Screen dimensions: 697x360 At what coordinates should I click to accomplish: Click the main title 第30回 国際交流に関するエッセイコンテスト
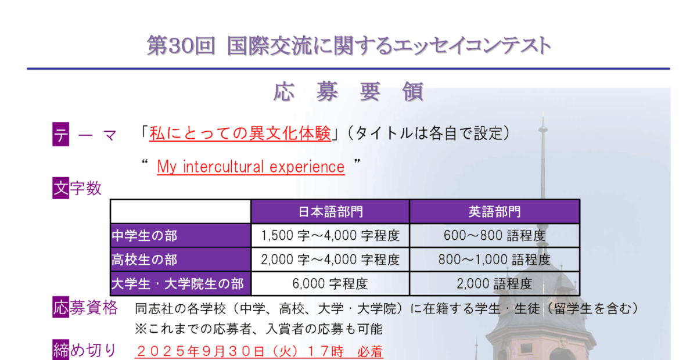click(x=348, y=46)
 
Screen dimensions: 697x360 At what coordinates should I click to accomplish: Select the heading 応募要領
click(x=348, y=92)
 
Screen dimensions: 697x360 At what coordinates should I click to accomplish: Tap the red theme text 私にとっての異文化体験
click(x=240, y=134)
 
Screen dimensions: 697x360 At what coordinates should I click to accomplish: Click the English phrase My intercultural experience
click(x=251, y=167)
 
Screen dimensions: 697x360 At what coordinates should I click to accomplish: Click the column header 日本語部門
click(x=330, y=212)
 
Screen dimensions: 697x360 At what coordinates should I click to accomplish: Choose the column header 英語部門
click(x=494, y=212)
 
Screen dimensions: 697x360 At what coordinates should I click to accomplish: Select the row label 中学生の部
click(x=145, y=236)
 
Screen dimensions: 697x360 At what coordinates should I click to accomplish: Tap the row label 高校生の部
click(x=145, y=260)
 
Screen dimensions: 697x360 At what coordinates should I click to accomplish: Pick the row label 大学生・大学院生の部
click(x=177, y=284)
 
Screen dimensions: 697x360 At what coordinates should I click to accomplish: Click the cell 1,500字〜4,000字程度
click(x=330, y=236)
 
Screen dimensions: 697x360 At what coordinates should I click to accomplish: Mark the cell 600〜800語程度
click(x=494, y=236)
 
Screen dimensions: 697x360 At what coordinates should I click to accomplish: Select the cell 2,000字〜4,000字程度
click(x=330, y=260)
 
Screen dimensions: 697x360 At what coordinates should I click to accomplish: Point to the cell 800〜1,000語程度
click(x=494, y=260)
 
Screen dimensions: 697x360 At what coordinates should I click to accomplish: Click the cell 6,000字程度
click(x=330, y=284)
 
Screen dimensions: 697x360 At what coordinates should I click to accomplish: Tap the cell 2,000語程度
click(x=494, y=284)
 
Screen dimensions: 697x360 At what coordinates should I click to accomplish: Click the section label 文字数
click(x=77, y=188)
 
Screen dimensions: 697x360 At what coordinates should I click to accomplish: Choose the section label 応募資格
click(x=85, y=307)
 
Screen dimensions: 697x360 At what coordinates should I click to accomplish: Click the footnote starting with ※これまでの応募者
click(x=258, y=329)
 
